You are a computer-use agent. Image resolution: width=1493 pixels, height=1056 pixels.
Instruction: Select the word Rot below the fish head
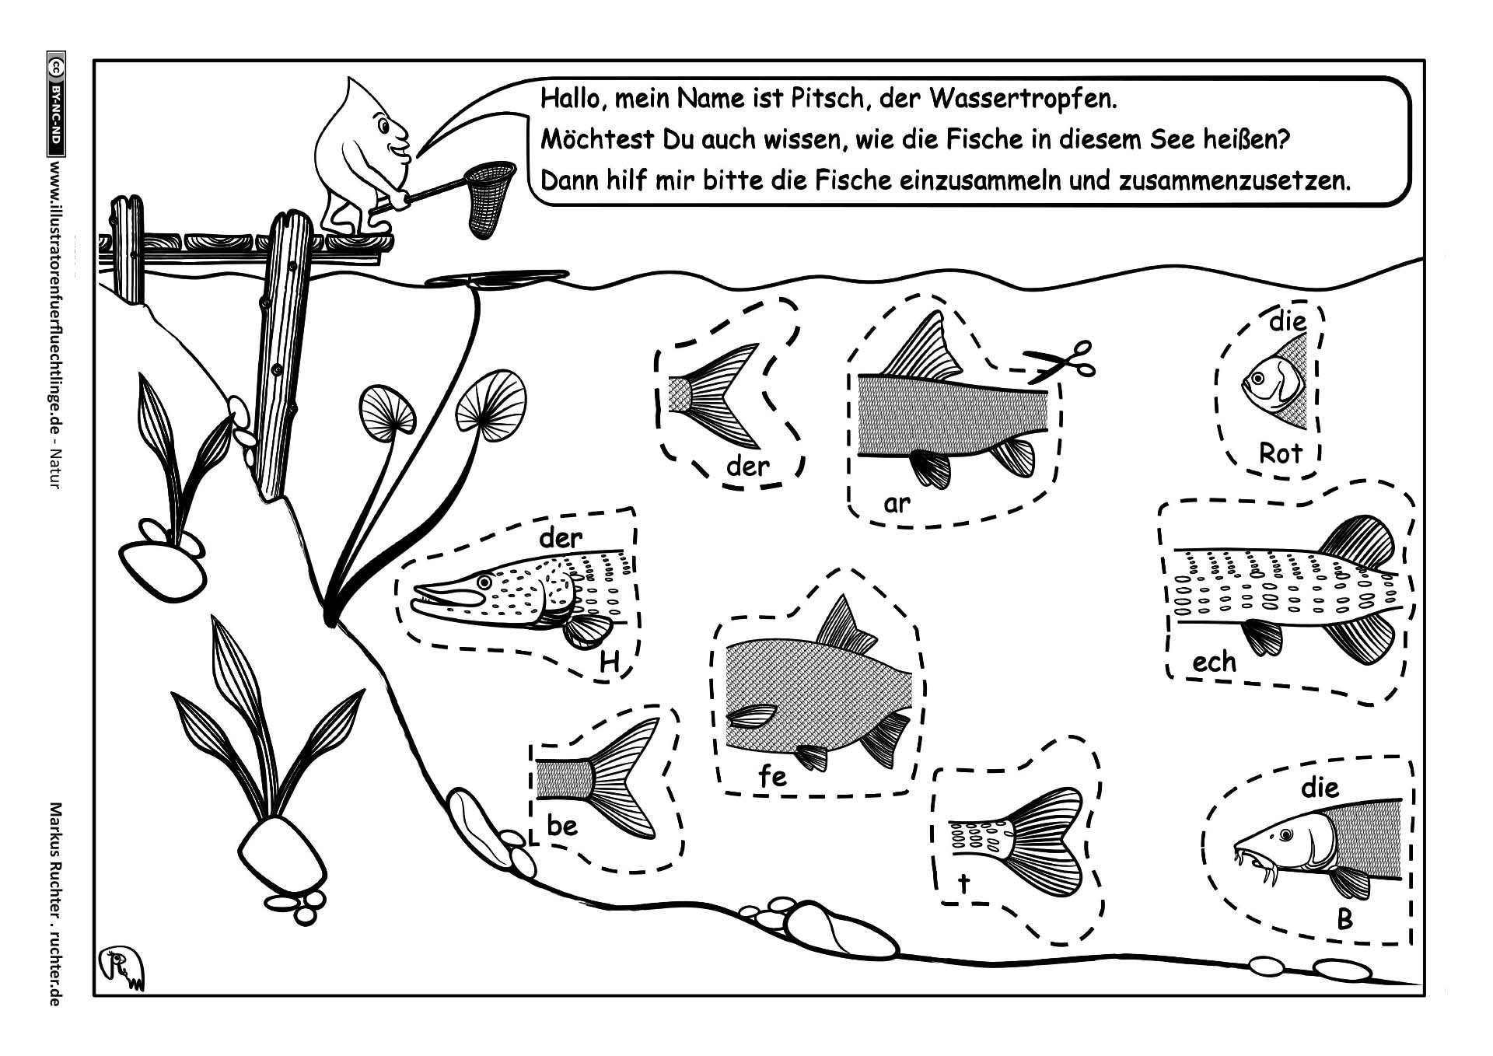coord(1279,453)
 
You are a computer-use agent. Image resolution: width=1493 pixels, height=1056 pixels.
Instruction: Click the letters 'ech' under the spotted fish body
coord(1214,662)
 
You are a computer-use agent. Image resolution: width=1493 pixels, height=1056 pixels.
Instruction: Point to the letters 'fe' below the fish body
coord(772,775)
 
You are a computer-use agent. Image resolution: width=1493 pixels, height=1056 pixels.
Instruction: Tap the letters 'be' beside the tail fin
coord(561,825)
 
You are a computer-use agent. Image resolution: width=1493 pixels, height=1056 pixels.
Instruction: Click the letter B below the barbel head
coord(1344,920)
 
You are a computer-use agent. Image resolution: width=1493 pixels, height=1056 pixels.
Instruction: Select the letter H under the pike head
coord(610,663)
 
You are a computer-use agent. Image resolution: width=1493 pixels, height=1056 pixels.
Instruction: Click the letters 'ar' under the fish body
coord(897,504)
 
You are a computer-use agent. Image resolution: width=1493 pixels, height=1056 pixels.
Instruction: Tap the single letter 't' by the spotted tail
coord(964,883)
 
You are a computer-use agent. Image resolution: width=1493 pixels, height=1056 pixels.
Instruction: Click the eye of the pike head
coord(485,581)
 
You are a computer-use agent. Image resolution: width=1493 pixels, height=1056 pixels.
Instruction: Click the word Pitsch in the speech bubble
coord(816,100)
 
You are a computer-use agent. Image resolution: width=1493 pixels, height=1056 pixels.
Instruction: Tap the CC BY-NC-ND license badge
coord(55,105)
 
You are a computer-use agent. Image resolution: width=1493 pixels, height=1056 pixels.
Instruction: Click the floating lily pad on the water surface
coord(498,278)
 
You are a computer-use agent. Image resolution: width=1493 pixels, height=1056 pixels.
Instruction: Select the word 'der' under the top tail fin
coord(747,467)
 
